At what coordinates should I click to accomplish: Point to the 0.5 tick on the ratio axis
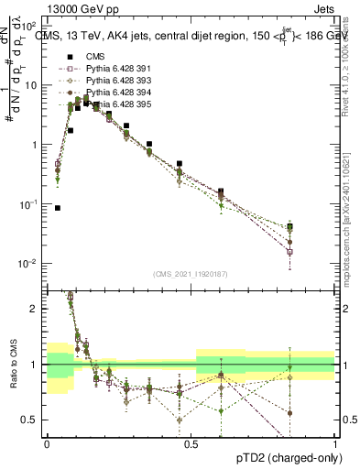coord(32,420)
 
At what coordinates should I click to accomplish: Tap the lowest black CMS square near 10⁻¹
coord(58,208)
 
